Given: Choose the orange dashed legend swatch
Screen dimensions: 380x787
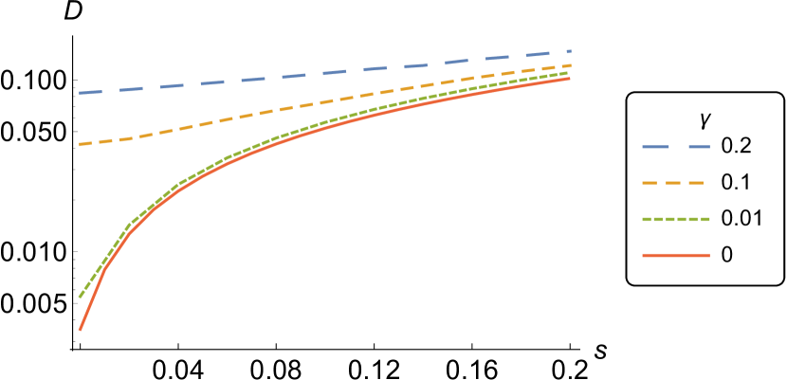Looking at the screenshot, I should pos(673,183).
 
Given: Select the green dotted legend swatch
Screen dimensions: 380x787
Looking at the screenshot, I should pos(676,219).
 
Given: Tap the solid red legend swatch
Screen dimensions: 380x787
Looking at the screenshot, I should pos(676,255).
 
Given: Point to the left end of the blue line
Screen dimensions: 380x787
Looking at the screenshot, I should pos(80,94).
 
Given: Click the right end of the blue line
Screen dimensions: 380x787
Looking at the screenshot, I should pos(569,51).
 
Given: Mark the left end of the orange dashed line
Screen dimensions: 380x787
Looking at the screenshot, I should pos(80,145).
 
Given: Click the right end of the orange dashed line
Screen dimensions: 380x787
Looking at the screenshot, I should pos(570,65).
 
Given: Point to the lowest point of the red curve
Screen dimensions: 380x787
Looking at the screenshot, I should pos(80,330).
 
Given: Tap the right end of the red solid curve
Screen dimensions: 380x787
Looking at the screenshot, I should pos(570,79).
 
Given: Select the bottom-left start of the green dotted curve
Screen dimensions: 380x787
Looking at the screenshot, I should pos(80,297).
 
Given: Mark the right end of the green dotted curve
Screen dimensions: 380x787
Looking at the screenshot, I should pos(569,73).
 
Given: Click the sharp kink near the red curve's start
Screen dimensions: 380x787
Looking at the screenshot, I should pos(104,269).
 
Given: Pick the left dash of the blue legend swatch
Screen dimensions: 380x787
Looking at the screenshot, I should pos(655,147).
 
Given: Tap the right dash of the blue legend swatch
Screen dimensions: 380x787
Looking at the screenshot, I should pos(699,147).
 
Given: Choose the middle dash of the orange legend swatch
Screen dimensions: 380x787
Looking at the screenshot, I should pos(673,183).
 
